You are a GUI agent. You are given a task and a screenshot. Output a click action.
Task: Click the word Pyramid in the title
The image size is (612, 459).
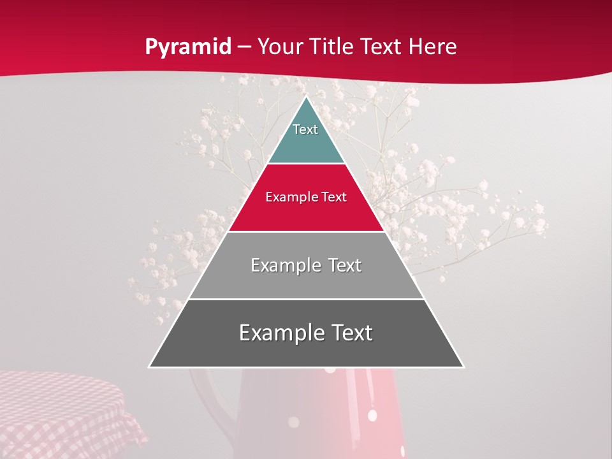187,47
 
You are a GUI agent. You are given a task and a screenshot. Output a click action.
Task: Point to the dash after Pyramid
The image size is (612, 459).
244,47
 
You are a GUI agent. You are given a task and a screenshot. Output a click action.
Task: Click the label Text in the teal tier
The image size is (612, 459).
305,129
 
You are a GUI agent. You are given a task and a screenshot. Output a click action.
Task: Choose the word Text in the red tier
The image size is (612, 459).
333,198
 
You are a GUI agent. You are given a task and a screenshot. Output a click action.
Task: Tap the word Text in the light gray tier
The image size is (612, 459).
344,265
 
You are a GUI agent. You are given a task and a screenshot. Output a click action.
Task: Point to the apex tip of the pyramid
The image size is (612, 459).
306,98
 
